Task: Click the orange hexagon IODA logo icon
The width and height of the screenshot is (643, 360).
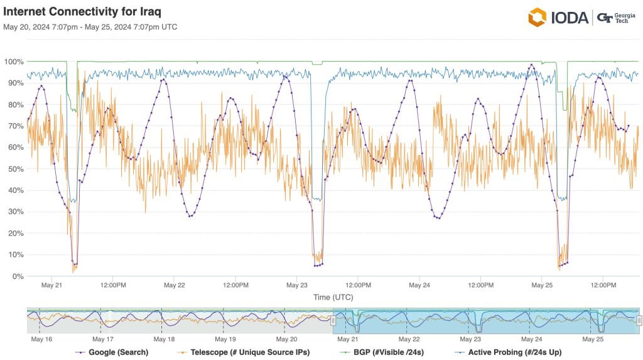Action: (x=538, y=17)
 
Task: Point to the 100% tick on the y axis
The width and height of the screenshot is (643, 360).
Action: (x=14, y=62)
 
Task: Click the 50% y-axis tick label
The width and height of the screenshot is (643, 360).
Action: (x=15, y=169)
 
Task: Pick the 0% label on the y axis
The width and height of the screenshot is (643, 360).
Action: (x=18, y=276)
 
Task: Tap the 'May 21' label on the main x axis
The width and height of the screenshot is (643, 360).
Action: (x=51, y=285)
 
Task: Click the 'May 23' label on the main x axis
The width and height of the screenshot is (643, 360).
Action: (x=296, y=285)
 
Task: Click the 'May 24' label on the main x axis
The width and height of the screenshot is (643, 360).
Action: (x=419, y=285)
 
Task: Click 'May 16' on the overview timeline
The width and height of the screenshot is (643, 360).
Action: (x=41, y=339)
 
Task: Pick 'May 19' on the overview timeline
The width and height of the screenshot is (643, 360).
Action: (x=225, y=339)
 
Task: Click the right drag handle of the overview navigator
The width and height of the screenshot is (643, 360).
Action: (x=639, y=320)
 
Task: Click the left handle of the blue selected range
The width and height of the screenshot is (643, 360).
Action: (x=334, y=320)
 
